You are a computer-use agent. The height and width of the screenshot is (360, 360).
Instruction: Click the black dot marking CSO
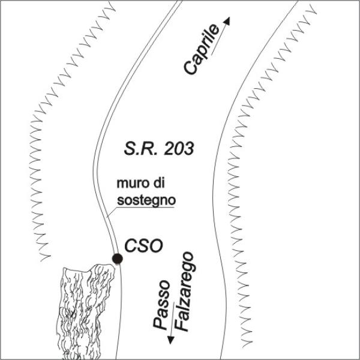tap(118, 259)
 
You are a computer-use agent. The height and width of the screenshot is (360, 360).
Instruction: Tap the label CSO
tap(143, 246)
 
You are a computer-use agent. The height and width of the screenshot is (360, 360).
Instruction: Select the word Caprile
tap(202, 49)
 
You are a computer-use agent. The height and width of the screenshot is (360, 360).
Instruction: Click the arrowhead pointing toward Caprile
tap(227, 20)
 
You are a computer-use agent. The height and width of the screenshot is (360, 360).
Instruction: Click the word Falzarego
tap(185, 292)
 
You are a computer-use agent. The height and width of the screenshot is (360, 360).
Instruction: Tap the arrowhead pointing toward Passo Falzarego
tap(170, 340)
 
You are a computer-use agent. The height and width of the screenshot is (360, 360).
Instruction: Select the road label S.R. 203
tap(159, 149)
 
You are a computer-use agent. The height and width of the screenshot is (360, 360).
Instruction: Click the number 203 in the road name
tap(179, 149)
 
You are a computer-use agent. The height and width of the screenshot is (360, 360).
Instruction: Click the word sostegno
tap(146, 200)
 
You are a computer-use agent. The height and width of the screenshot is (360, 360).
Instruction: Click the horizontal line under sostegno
tap(145, 208)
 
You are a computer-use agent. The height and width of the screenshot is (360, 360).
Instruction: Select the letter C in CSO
tap(131, 246)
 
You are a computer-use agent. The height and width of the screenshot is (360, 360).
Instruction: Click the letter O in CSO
tap(157, 246)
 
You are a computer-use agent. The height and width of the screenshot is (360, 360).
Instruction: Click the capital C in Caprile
tap(190, 68)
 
